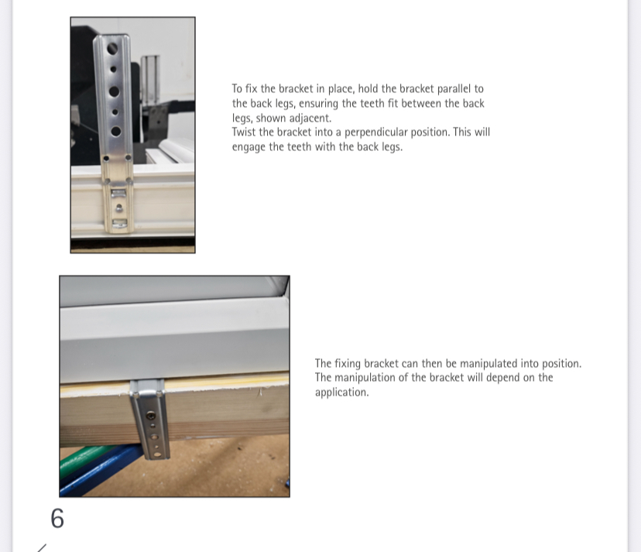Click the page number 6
57,519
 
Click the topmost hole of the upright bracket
112,49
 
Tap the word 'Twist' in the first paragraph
244,132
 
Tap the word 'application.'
341,393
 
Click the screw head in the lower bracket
151,416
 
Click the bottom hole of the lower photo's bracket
158,454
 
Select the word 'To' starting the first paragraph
237,89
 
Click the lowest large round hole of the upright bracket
115,132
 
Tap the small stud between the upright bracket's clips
119,207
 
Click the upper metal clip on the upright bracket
118,193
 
